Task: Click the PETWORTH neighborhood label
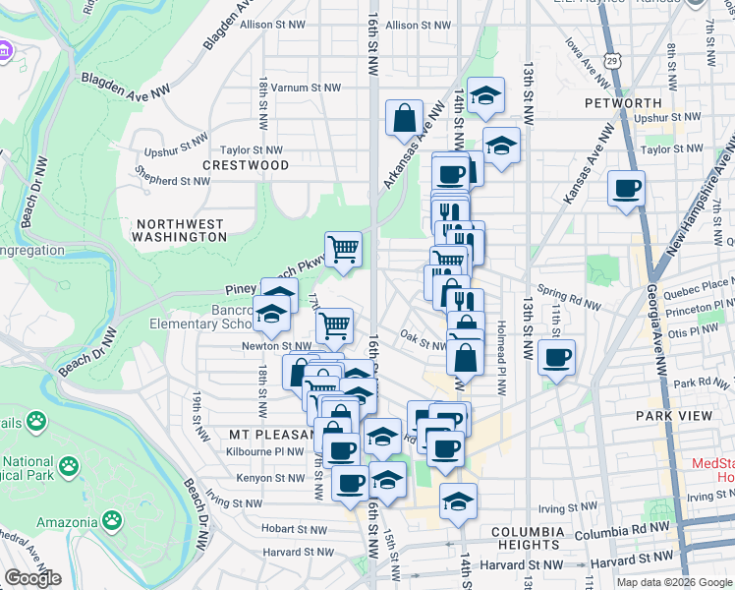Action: [622, 102]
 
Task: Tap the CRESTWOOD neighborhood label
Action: [246, 165]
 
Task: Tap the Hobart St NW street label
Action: [293, 528]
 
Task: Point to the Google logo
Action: [32, 578]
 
